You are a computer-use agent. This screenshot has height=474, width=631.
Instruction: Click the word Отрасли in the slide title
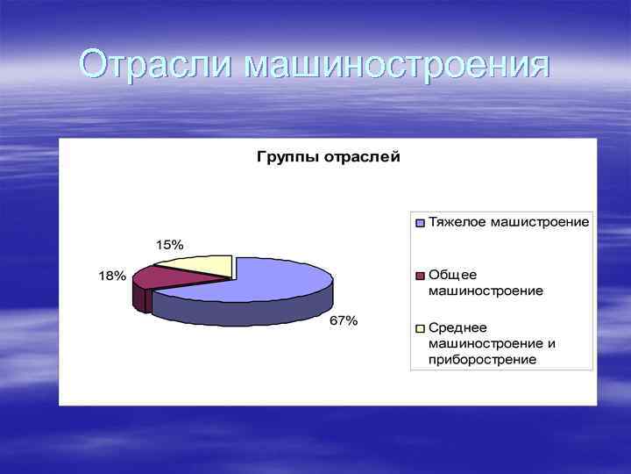coord(156,64)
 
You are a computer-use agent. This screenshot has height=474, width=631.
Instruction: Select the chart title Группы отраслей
coord(328,158)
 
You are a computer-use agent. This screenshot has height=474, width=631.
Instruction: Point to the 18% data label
coord(111,276)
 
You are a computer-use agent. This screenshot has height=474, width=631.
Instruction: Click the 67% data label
coord(344,321)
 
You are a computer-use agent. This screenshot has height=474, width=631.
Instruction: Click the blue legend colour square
coord(420,223)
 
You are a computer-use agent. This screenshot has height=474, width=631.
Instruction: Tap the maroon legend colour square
coord(420,276)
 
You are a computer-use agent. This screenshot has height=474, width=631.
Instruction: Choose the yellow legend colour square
coord(420,328)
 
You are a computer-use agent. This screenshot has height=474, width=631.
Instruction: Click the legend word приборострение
coord(482,359)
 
